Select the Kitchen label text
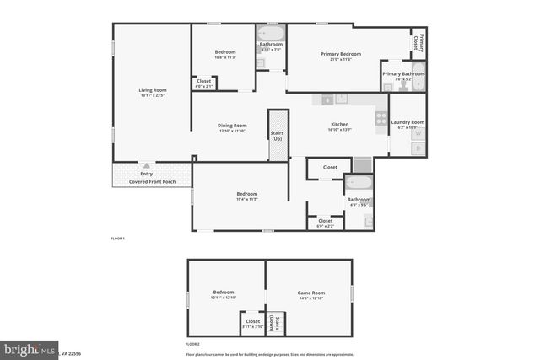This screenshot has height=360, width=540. (339, 125)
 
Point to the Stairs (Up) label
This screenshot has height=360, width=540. (277, 136)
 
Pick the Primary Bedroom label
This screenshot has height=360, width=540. (340, 54)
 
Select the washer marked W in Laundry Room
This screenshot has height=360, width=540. (417, 133)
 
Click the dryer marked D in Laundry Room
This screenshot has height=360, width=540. (417, 148)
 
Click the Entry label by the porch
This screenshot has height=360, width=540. (147, 174)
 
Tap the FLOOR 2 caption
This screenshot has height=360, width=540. (193, 344)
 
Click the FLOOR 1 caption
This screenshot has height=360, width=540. (118, 239)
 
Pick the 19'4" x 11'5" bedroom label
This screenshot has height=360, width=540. (247, 195)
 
